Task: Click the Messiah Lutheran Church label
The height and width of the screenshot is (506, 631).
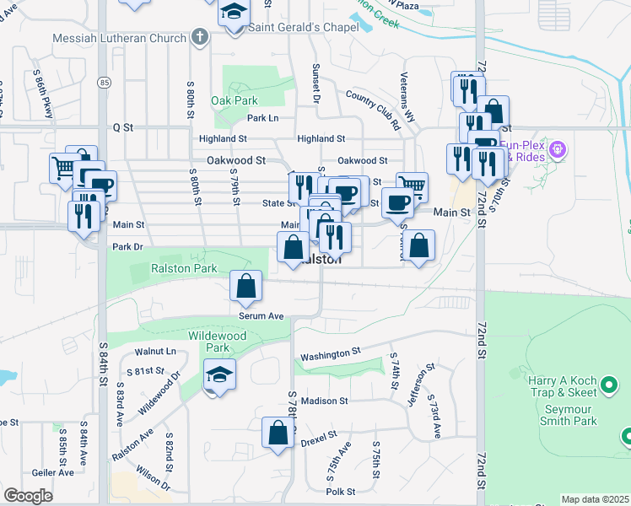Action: (119, 38)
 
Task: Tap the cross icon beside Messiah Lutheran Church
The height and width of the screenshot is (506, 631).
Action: (200, 37)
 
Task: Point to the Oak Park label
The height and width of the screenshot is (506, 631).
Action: (234, 100)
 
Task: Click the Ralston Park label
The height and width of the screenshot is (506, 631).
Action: (184, 268)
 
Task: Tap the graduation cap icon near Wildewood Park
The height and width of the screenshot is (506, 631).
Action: (219, 374)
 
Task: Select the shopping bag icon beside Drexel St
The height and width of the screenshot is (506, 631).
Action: (278, 433)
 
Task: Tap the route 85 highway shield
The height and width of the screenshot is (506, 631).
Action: (103, 82)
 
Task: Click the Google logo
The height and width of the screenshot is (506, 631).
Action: (29, 496)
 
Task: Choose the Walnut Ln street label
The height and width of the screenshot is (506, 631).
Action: (159, 351)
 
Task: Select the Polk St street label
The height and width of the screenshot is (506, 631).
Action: (342, 491)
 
